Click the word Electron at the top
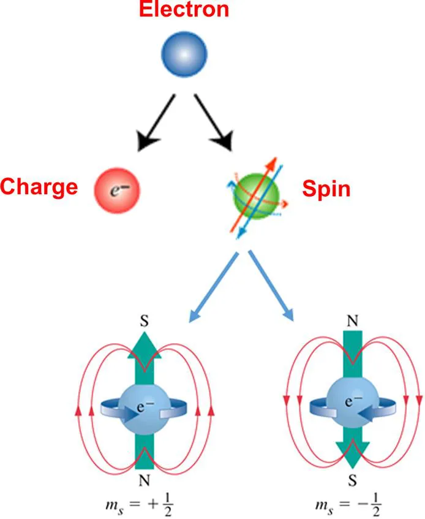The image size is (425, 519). (x=184, y=10)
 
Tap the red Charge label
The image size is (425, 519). (x=39, y=187)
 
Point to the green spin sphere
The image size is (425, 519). (x=256, y=195)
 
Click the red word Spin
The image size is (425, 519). (x=326, y=188)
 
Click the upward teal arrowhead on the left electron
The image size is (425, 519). (x=144, y=347)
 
